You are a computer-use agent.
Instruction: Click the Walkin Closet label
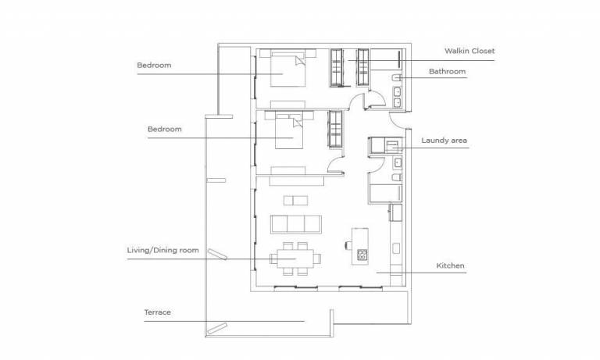pos(470,51)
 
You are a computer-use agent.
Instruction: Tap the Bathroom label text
pos(448,72)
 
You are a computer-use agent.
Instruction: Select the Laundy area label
pos(445,141)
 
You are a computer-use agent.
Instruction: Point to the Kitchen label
pos(450,266)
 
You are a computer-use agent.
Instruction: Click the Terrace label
pos(157,312)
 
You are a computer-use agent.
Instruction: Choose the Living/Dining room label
pos(163,250)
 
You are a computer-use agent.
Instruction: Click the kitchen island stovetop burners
pos(362,255)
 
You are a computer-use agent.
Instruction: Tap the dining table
pos(295,258)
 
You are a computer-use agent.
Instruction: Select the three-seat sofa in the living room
pos(296,224)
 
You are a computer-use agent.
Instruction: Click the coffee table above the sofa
pos(295,201)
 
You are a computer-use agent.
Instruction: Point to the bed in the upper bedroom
pos(288,70)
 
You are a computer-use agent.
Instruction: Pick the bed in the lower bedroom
pos(289,131)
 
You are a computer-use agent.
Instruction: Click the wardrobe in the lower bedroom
pos(335,129)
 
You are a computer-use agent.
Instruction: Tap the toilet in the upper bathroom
pos(396,78)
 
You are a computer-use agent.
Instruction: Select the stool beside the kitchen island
pos(348,245)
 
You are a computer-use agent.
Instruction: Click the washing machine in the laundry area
pos(392,146)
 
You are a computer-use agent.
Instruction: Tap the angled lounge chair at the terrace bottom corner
pos(217,329)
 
